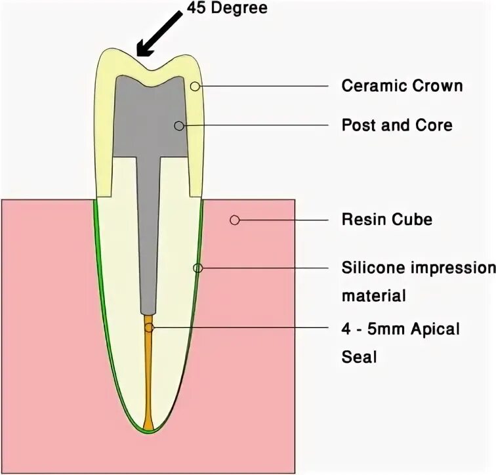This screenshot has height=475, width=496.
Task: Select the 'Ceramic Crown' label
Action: (402, 86)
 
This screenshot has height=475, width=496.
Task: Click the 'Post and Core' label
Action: (397, 125)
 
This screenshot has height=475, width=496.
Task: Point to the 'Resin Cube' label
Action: (386, 219)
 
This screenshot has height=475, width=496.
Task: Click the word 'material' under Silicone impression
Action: (373, 295)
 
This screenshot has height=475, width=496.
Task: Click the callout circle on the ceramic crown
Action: (195, 86)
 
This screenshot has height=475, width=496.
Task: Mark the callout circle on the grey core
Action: (178, 125)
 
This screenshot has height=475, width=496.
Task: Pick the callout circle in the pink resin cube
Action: (234, 220)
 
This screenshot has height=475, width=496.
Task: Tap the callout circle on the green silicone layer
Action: (198, 268)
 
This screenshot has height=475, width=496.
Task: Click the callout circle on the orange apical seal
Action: (150, 327)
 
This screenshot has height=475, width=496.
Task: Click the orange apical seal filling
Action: (148, 381)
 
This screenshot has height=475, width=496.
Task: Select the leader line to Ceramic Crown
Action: (262, 86)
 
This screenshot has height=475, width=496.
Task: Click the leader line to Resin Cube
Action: (282, 220)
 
